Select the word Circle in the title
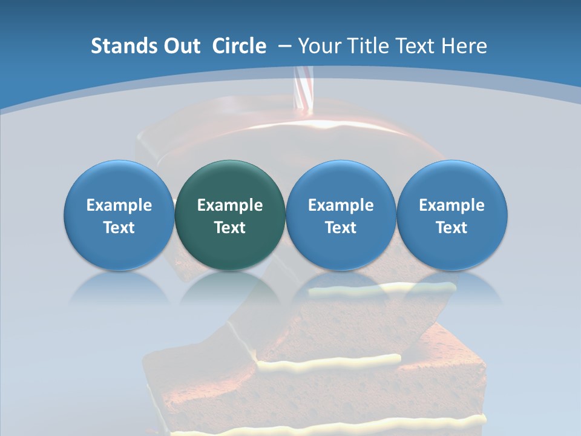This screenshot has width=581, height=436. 239,46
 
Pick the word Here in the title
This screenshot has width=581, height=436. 464,46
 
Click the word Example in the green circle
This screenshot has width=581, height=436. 230,205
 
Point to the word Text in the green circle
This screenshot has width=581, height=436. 230,228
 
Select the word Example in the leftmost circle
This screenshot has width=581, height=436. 119,205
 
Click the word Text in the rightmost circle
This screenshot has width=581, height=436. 452,228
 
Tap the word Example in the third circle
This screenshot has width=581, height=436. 341,205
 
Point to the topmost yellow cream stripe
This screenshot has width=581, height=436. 381,289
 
